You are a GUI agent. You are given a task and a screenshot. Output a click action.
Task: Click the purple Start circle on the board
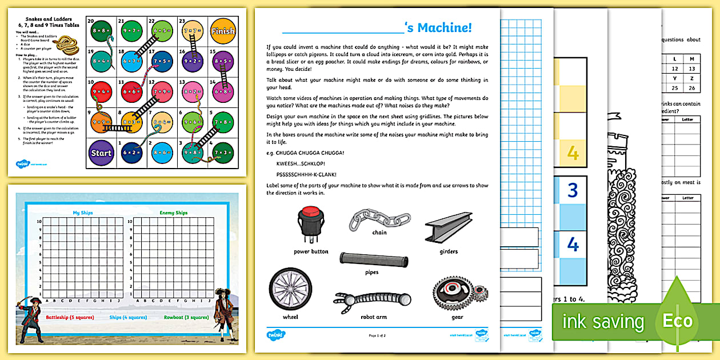pyautogui.click(x=102, y=153)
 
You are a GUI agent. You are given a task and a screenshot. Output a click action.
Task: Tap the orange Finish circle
pyautogui.click(x=222, y=32)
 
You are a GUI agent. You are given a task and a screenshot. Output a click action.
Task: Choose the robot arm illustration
pyautogui.click(x=371, y=301)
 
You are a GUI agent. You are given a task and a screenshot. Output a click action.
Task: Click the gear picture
pyautogui.click(x=457, y=292)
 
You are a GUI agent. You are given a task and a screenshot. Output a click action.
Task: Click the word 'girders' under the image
pyautogui.click(x=449, y=251)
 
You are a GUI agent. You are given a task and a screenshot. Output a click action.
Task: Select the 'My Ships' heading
pyautogui.click(x=83, y=213)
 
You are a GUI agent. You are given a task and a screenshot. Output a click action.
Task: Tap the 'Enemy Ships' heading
pyautogui.click(x=173, y=213)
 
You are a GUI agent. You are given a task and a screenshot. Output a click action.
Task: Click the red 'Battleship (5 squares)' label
pyautogui.click(x=71, y=317)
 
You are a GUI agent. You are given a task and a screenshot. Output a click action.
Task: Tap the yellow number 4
pyautogui.click(x=573, y=153)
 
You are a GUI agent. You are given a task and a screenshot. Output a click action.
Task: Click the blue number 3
pyautogui.click(x=573, y=190)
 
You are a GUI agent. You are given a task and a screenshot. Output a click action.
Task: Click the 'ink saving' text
pyautogui.click(x=603, y=321)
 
